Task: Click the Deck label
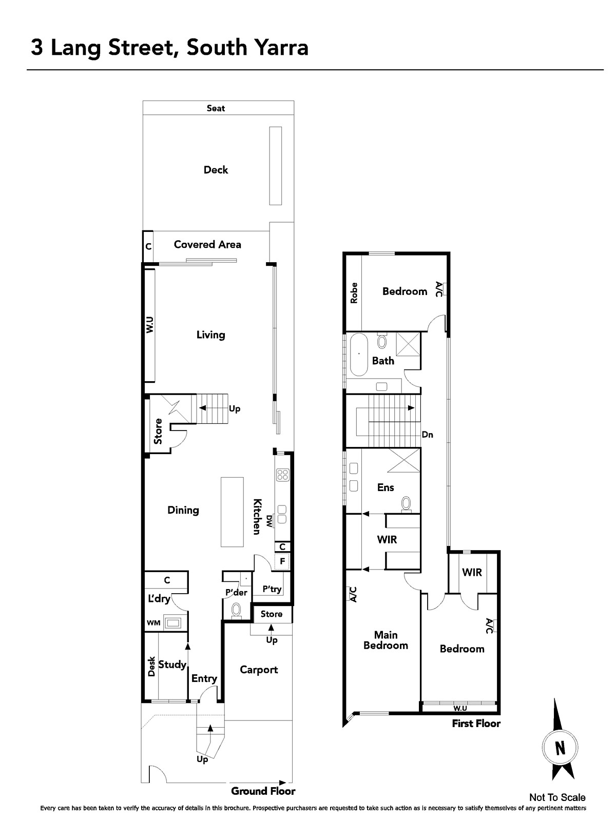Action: point(216,170)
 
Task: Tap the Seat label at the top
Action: point(216,108)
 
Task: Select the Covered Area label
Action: point(207,245)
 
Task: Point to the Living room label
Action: point(211,335)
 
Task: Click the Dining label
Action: point(183,510)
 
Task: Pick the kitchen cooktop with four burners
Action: point(283,475)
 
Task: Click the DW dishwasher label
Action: point(269,521)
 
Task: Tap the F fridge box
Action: point(282,561)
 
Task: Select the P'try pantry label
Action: point(272,589)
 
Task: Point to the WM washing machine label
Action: point(153,623)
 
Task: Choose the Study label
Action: point(172,664)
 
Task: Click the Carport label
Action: point(259,670)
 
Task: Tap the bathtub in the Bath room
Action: point(359,355)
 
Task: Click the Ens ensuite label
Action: point(386,487)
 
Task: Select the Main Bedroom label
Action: point(386,640)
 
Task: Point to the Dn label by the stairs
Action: point(428,435)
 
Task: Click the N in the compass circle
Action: point(560,748)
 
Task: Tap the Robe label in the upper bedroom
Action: point(354,293)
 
